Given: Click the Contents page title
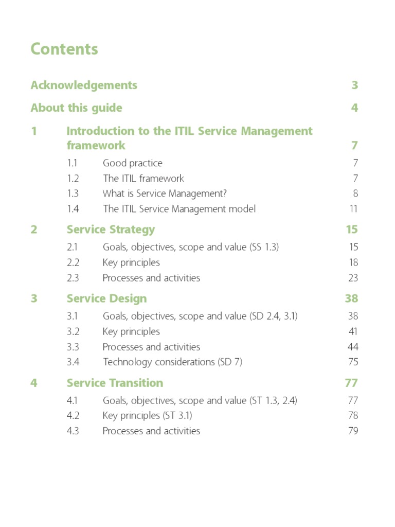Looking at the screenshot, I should [64, 49].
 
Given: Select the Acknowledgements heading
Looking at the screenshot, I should [84, 85].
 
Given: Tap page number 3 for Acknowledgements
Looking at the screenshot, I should [354, 85].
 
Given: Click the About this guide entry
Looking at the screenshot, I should [76, 108].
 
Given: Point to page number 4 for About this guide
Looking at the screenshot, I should [354, 108].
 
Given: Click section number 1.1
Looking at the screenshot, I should [73, 163].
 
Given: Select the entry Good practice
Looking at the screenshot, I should [132, 163].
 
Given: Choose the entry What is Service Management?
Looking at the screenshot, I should [165, 194].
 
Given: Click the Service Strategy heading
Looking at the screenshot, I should [111, 230].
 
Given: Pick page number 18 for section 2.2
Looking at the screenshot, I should [353, 262].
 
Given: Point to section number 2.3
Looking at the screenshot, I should [73, 278].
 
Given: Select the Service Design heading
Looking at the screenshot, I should [106, 298].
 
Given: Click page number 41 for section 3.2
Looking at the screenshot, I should [353, 331].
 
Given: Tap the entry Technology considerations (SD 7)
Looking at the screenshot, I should [172, 362].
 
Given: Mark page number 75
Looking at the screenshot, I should [353, 362].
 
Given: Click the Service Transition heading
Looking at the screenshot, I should [115, 383].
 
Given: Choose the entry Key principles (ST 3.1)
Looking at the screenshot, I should [147, 415].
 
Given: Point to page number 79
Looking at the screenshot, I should [353, 431].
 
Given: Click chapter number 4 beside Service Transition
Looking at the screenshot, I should [34, 383].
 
